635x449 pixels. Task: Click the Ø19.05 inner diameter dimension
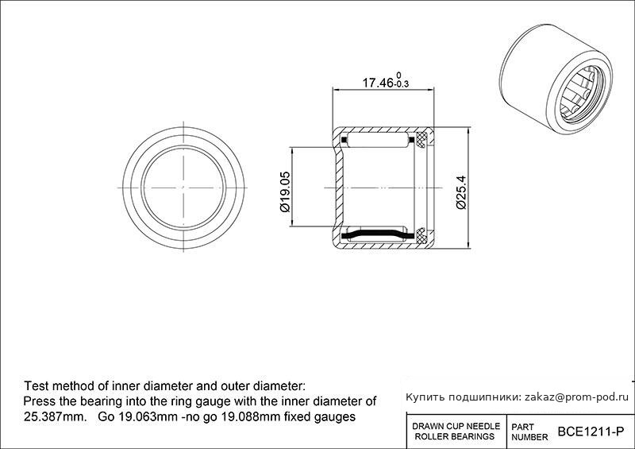coord(285,192)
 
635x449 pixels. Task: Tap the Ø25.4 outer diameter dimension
coord(461,192)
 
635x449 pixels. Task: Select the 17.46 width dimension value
coord(378,83)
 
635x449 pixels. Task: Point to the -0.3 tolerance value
coord(402,84)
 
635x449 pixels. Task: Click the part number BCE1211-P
coord(591,432)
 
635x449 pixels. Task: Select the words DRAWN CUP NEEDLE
coord(456,426)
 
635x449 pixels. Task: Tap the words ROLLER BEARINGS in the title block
coord(455,437)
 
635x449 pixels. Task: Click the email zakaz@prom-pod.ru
coord(577,397)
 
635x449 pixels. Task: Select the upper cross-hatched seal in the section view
coord(421,139)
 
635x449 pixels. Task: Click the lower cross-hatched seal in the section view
coord(421,236)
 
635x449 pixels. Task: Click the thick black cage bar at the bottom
coord(378,234)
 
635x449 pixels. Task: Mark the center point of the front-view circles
coord(183,188)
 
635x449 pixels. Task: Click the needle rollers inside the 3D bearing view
coord(580,94)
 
